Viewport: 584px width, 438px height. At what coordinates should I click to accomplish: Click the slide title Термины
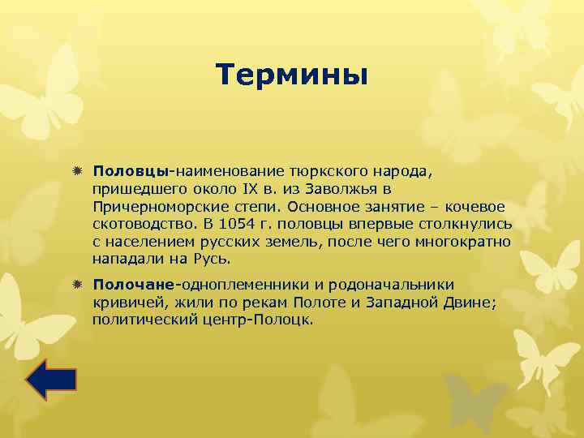click(292, 75)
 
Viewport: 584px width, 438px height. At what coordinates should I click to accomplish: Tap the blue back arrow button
click(50, 379)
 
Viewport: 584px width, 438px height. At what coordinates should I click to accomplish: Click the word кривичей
click(122, 303)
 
